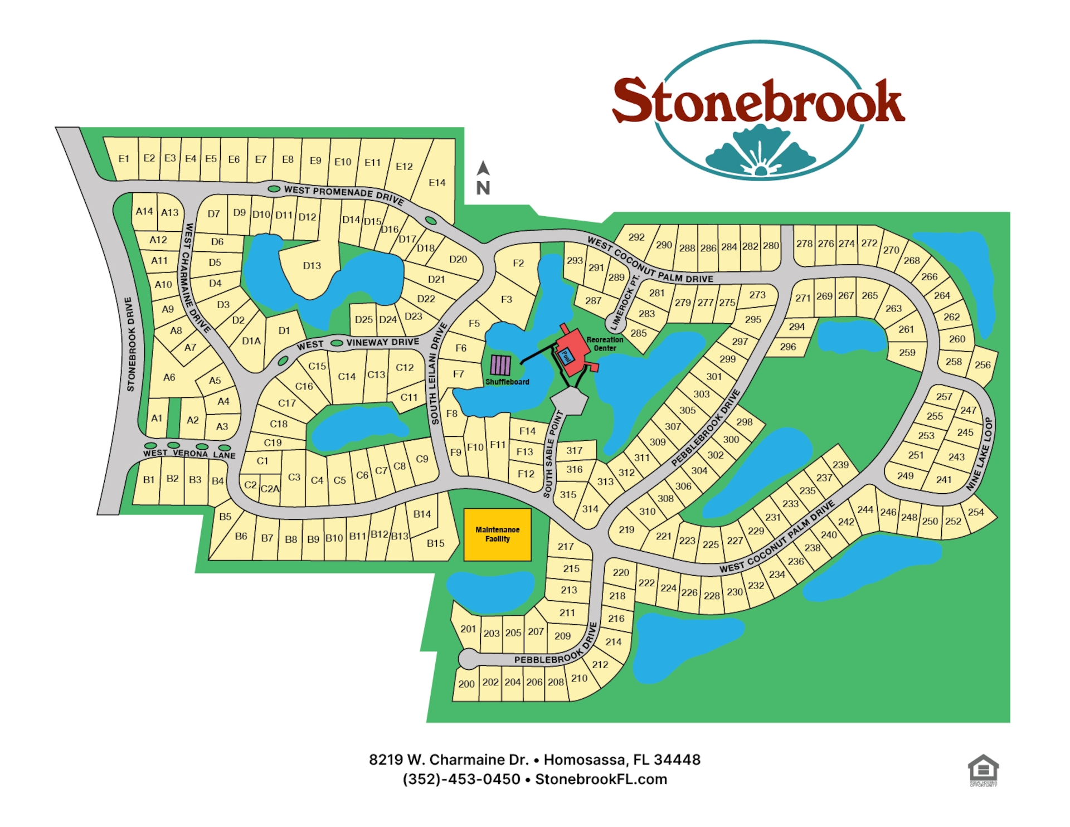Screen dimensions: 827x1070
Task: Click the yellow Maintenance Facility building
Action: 497,534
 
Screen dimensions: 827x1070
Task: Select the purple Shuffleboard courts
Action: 500,365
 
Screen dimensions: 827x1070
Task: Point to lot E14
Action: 437,183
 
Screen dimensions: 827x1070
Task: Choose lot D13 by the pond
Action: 312,266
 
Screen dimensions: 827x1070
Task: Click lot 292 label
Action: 636,237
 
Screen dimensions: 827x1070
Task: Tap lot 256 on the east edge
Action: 983,365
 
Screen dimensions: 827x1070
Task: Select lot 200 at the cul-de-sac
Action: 466,684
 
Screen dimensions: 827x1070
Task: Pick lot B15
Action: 435,543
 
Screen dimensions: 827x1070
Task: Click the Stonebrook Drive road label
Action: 130,344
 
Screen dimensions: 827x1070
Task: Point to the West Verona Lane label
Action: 189,454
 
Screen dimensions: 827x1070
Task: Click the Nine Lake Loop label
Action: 981,454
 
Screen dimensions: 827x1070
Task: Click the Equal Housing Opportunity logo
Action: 983,770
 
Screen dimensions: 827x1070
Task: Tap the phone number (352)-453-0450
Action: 461,779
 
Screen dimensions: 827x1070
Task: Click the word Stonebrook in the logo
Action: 758,101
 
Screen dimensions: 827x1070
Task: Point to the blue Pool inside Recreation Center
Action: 566,356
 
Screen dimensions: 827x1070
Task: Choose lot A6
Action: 169,377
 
